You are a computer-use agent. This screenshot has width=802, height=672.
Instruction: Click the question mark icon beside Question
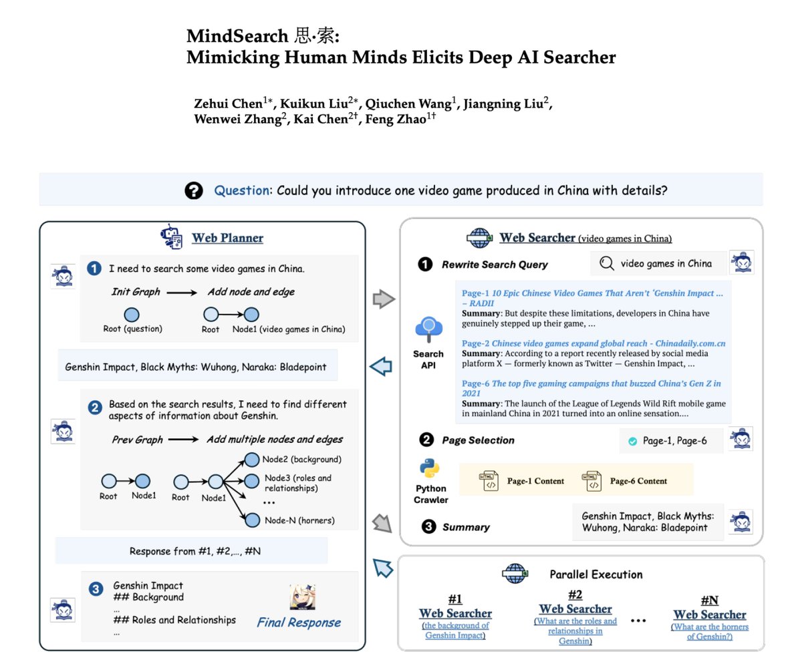pos(194,191)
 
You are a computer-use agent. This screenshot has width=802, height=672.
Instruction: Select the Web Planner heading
pos(227,238)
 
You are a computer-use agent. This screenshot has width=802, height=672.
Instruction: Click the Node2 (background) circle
pos(252,460)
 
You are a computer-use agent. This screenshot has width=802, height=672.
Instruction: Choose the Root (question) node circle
pos(132,314)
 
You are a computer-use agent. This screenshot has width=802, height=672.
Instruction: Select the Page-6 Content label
pos(638,481)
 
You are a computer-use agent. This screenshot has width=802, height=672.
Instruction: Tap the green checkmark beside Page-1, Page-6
pos(632,442)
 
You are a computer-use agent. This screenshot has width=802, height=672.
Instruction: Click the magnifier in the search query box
pos(607,263)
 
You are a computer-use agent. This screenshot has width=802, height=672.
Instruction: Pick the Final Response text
pos(299,623)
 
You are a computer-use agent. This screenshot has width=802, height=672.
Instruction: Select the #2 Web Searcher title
pos(575,609)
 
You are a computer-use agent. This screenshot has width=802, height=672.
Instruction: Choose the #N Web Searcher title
pos(710,615)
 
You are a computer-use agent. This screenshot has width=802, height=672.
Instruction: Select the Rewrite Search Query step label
pos(495,265)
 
